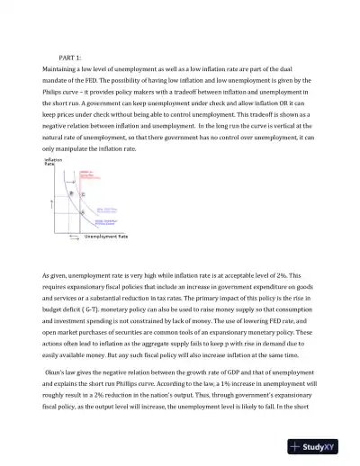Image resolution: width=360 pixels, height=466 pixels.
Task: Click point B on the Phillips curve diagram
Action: tap(71, 193)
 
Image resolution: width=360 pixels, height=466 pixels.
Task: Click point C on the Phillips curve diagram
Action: tap(84, 195)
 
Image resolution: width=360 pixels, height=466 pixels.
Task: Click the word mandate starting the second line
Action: tap(58, 80)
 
